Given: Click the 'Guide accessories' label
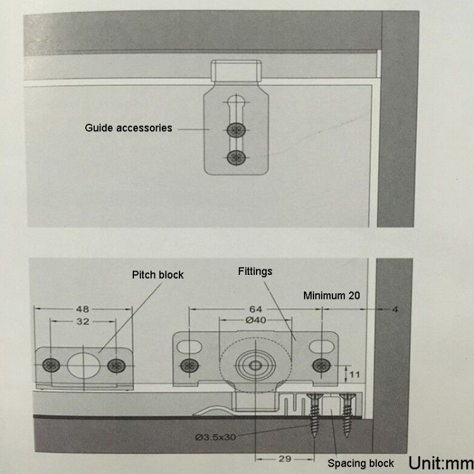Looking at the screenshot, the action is pyautogui.click(x=128, y=128).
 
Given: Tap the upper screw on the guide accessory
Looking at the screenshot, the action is pyautogui.click(x=236, y=130).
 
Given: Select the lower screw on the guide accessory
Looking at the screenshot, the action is pyautogui.click(x=236, y=157).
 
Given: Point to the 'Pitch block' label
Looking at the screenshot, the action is pyautogui.click(x=158, y=275).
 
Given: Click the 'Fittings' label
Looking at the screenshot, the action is pyautogui.click(x=255, y=272).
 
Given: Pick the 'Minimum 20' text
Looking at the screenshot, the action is pyautogui.click(x=332, y=295).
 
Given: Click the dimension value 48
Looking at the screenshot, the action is pyautogui.click(x=83, y=309).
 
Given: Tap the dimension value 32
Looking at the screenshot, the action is pyautogui.click(x=83, y=321).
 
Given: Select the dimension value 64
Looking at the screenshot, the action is pyautogui.click(x=255, y=309).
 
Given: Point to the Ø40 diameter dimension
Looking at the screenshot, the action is pyautogui.click(x=255, y=320).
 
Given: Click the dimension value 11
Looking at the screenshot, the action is pyautogui.click(x=355, y=375).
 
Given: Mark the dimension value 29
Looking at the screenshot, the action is pyautogui.click(x=285, y=459).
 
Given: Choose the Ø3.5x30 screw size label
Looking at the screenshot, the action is pyautogui.click(x=216, y=437).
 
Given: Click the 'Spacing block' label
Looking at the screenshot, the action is pyautogui.click(x=361, y=463).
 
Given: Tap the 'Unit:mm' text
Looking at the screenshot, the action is pyautogui.click(x=441, y=463).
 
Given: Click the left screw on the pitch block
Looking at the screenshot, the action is pyautogui.click(x=51, y=365).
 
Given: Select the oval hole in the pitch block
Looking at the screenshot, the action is pyautogui.click(x=83, y=365).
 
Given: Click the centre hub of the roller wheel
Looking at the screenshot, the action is pyautogui.click(x=255, y=365).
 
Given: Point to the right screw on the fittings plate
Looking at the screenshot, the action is pyautogui.click(x=321, y=365).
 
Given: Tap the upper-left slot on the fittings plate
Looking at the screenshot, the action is pyautogui.click(x=190, y=347).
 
